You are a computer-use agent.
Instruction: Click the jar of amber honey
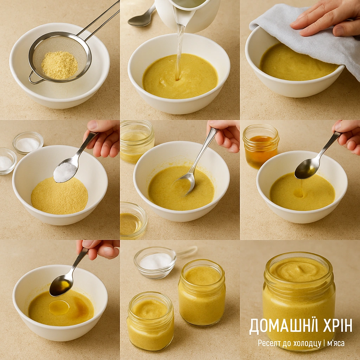point(261,146)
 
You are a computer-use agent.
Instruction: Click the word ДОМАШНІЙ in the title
point(277,326)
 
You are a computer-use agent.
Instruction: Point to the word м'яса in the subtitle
point(336,343)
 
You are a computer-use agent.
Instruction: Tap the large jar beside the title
point(299,299)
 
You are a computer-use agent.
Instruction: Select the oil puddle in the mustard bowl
point(59,307)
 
